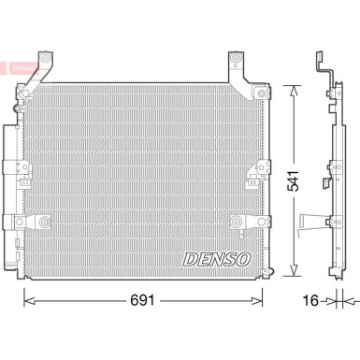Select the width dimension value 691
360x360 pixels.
point(143,302)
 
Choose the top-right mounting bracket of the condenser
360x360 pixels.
point(238,67)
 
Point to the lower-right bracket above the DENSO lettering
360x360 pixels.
point(238,224)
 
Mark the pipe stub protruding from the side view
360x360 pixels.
point(310,224)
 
